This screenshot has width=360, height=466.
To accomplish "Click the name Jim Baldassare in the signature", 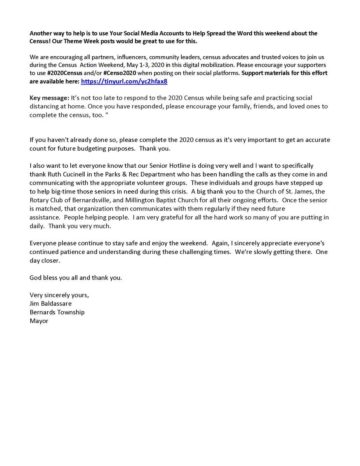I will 50,303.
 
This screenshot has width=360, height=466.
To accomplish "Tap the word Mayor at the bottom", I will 39,321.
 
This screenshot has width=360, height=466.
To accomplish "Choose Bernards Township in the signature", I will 57,312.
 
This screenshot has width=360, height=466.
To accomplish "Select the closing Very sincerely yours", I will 59,295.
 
